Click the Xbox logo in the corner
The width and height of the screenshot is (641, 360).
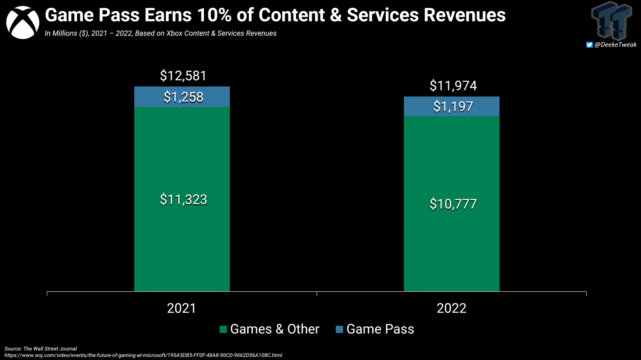click(23, 23)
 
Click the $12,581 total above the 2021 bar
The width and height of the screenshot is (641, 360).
click(183, 76)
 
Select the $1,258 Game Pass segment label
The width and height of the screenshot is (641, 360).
click(183, 97)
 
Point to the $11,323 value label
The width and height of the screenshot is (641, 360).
click(183, 199)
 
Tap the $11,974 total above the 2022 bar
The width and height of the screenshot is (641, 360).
click(453, 86)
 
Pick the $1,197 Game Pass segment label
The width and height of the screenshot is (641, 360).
click(453, 106)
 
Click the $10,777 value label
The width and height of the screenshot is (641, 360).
click(453, 204)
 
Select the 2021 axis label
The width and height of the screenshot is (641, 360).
click(182, 308)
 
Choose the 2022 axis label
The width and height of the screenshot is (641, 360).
click(452, 308)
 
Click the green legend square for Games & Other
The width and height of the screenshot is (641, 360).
click(223, 329)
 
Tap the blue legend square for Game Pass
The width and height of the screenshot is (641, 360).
click(339, 329)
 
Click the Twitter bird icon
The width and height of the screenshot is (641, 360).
click(589, 45)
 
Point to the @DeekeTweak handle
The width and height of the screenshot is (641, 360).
click(615, 44)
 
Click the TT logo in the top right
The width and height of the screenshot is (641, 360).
click(612, 20)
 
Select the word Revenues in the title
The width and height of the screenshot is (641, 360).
click(465, 15)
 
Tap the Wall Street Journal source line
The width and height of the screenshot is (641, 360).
click(41, 349)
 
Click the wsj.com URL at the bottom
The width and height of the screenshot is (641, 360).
click(143, 355)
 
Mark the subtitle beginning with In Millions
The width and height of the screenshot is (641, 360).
click(161, 33)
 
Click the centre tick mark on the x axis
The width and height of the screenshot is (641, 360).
click(317, 294)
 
